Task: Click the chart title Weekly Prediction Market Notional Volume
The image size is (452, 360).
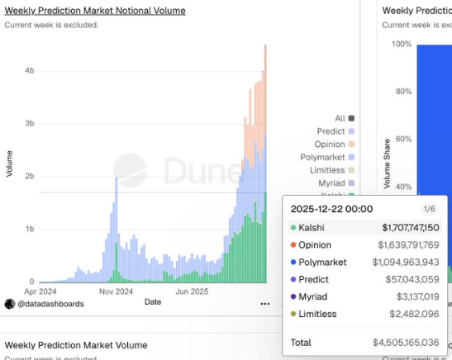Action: click(x=95, y=11)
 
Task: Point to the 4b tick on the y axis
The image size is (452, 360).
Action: click(x=30, y=71)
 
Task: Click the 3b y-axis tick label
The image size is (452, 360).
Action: click(x=30, y=124)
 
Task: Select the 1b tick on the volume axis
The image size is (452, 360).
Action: click(x=30, y=229)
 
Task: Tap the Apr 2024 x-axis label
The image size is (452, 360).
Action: click(x=41, y=291)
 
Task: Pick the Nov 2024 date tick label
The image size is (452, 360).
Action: click(x=116, y=291)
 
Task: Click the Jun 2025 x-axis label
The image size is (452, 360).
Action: click(x=192, y=291)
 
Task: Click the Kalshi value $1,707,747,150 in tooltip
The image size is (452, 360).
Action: click(x=411, y=227)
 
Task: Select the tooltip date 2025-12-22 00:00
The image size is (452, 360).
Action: click(x=331, y=209)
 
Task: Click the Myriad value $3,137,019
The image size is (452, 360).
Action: click(x=416, y=296)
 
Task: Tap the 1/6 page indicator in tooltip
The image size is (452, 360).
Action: click(x=429, y=210)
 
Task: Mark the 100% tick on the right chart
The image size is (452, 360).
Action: click(x=401, y=44)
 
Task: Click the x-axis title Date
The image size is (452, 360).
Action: click(x=153, y=302)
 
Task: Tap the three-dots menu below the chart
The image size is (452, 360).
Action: click(x=264, y=304)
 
